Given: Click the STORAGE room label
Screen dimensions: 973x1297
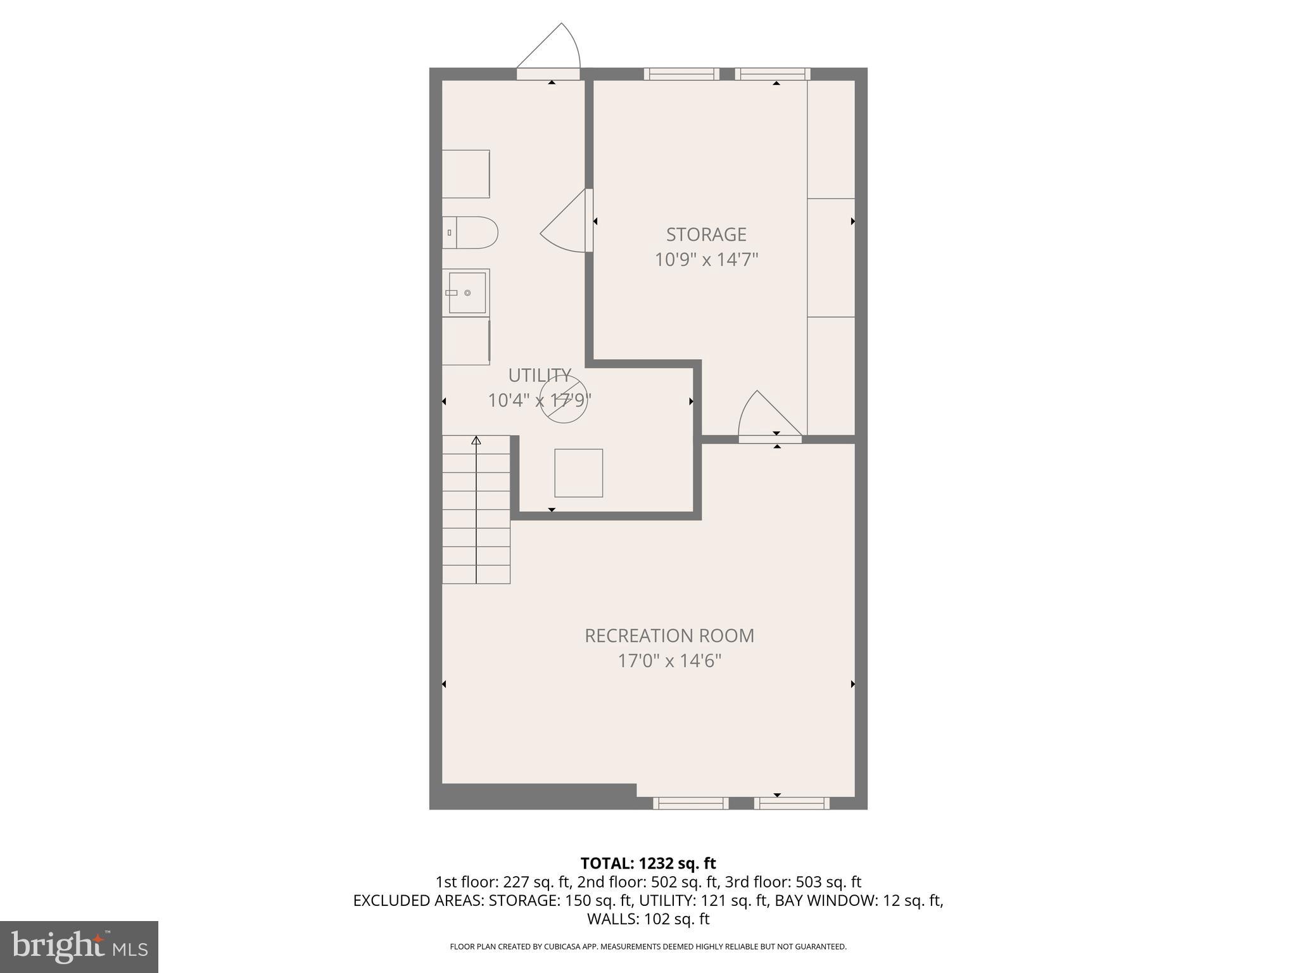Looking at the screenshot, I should pyautogui.click(x=706, y=234).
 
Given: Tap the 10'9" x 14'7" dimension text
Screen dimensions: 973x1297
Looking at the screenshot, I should pyautogui.click(x=706, y=260).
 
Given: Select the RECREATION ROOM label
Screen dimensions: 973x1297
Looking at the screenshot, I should pyautogui.click(x=669, y=635).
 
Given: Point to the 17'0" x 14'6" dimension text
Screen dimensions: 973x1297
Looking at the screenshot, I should pyautogui.click(x=669, y=661).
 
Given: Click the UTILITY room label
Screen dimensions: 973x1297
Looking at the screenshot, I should pyautogui.click(x=540, y=375).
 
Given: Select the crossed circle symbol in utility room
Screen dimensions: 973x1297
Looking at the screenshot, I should pyautogui.click(x=564, y=400).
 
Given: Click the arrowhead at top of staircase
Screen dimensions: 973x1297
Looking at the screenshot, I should pyautogui.click(x=476, y=440).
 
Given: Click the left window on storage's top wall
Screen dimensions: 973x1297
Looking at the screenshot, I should pyautogui.click(x=681, y=74).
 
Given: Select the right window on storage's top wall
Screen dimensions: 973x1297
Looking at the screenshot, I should pyautogui.click(x=773, y=74).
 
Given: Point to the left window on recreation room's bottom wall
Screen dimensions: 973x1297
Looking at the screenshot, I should pyautogui.click(x=690, y=803).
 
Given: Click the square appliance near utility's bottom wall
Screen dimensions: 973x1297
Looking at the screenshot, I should pyautogui.click(x=578, y=473).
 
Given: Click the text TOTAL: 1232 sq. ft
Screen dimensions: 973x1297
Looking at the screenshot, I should pyautogui.click(x=648, y=863).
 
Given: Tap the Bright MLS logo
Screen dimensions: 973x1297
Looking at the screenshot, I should pyautogui.click(x=79, y=946).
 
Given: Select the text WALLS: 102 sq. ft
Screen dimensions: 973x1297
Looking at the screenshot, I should pyautogui.click(x=648, y=919).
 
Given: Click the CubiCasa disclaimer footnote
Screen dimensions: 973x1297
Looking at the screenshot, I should pyautogui.click(x=648, y=947).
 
